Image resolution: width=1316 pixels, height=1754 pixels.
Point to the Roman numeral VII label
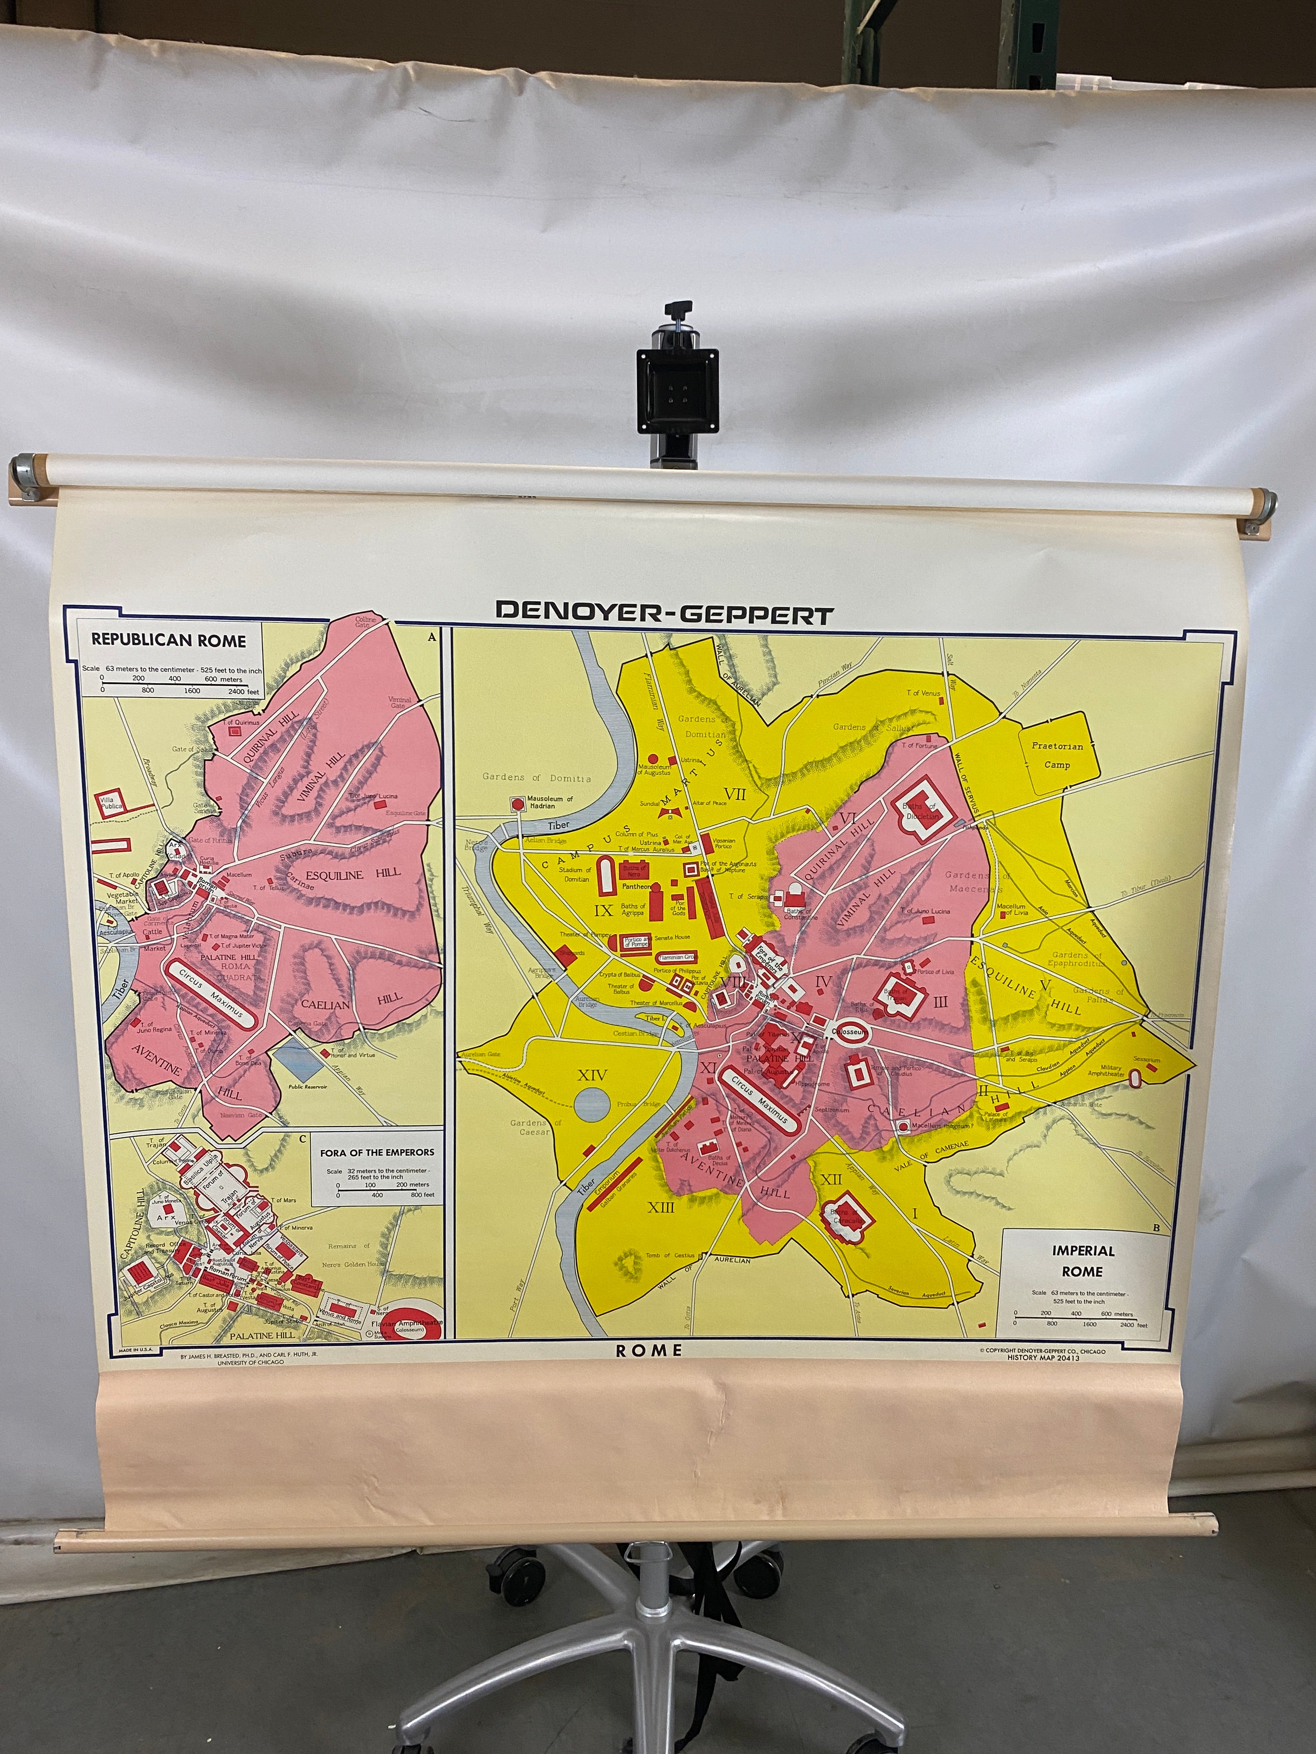(x=735, y=794)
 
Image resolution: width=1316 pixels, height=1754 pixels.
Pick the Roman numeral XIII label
(x=661, y=1207)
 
